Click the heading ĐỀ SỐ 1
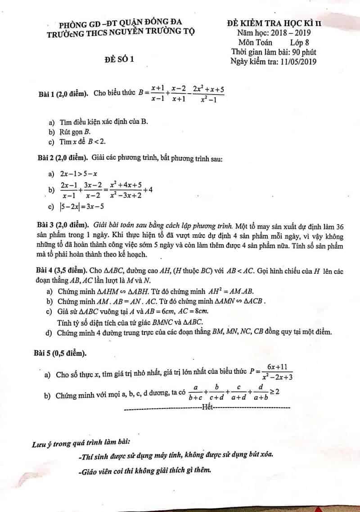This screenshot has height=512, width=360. click(120, 59)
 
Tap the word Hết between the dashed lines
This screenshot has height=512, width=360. click(207, 408)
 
